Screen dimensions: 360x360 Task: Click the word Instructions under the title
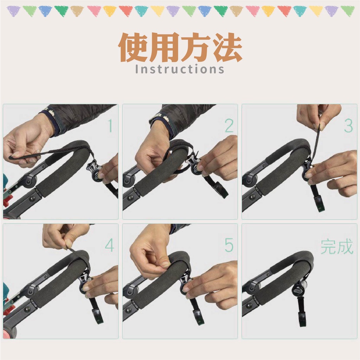(x=180, y=69)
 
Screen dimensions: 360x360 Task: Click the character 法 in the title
(x=227, y=47)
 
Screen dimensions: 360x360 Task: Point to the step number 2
(x=229, y=126)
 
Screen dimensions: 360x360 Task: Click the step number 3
(x=348, y=126)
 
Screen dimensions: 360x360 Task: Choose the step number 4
(x=110, y=245)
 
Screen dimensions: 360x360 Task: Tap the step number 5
(x=229, y=245)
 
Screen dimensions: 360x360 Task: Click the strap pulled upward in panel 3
(x=316, y=143)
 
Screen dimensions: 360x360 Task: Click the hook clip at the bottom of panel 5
(x=199, y=317)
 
